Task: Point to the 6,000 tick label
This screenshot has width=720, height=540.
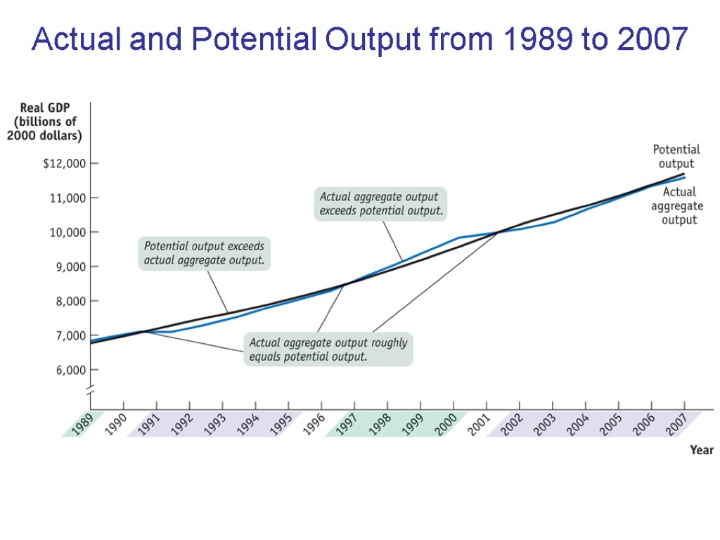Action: pyautogui.click(x=69, y=370)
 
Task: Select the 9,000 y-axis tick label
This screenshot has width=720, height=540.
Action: pyautogui.click(x=69, y=266)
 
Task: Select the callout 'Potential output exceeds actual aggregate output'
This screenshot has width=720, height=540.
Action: pyautogui.click(x=205, y=254)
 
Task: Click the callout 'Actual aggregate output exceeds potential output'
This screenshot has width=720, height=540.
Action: pyautogui.click(x=381, y=203)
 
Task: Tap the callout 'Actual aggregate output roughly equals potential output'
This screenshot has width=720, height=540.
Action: pyautogui.click(x=328, y=349)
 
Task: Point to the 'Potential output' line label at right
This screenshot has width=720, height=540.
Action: pyautogui.click(x=676, y=157)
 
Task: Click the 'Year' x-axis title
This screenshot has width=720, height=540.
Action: pyautogui.click(x=701, y=450)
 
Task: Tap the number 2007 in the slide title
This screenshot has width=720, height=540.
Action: pyautogui.click(x=652, y=40)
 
